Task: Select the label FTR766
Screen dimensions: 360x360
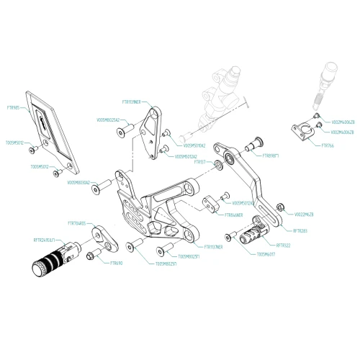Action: tap(325, 144)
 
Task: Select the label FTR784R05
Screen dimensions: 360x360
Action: tap(76, 224)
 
